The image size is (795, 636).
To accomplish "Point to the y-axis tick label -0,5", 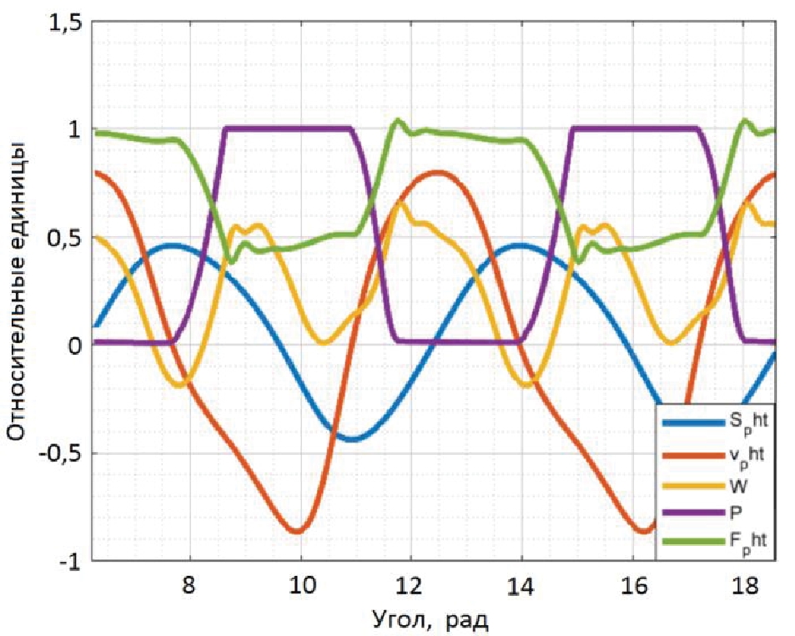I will click(59, 455).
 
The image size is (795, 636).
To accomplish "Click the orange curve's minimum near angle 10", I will click(298, 530).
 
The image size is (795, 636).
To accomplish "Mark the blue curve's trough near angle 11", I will click(353, 438).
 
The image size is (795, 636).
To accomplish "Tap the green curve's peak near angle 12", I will click(399, 122).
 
